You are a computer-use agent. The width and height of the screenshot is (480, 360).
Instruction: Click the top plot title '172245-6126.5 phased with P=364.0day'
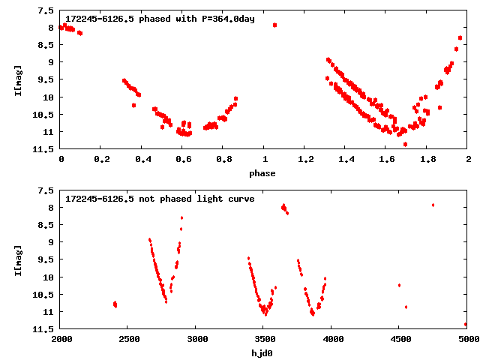coord(160,19)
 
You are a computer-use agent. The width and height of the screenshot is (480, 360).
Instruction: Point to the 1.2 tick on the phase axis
coord(305,159)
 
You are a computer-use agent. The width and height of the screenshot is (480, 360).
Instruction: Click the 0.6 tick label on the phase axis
coord(183,159)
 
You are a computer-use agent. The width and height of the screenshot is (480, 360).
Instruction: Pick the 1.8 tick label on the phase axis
coord(427,159)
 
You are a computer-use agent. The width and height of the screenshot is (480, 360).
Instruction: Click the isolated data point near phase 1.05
coord(275,25)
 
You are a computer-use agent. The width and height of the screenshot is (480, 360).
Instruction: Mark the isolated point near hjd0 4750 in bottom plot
coord(433,205)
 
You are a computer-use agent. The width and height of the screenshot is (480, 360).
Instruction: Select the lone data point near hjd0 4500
coord(399,285)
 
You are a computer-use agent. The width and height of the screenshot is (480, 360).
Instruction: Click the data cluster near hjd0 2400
coord(115,304)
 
